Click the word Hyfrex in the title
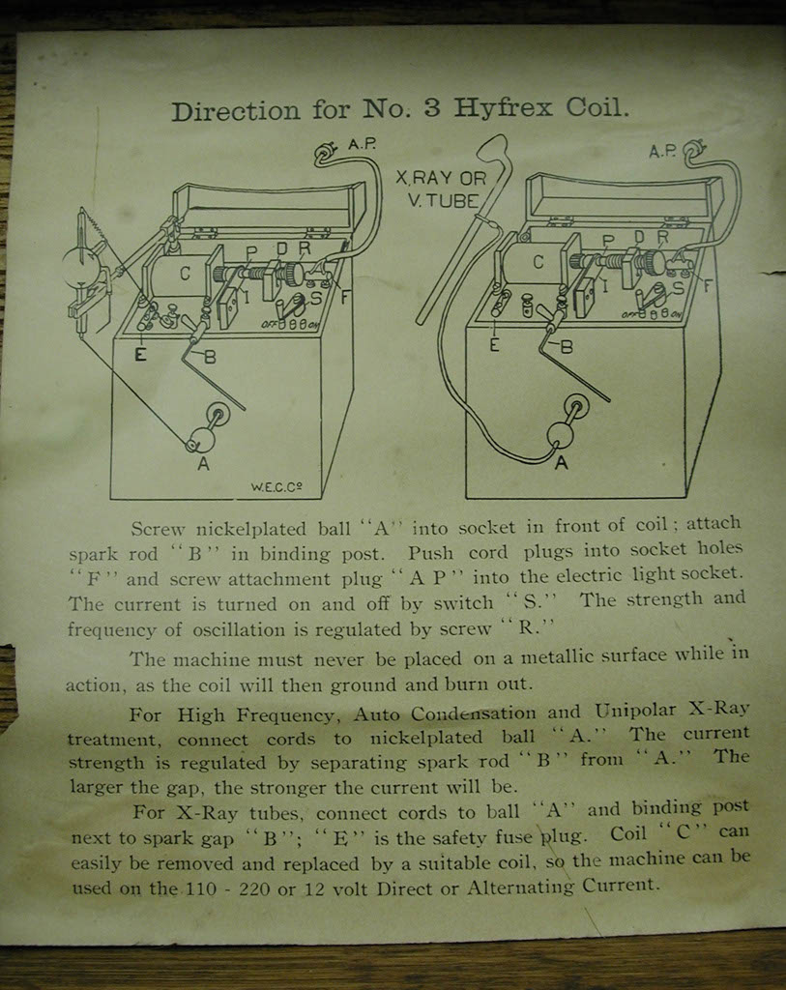pos(503,108)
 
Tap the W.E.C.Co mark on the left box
pos(277,487)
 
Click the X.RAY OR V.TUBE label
pos(442,189)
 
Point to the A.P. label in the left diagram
pos(362,144)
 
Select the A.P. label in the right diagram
pos(662,152)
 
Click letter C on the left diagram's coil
pos(185,274)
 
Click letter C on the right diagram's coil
pos(538,261)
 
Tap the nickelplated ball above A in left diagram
pos(203,438)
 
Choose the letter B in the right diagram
pos(567,347)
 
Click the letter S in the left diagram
pos(316,298)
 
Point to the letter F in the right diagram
pos(708,286)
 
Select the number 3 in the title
pos(432,108)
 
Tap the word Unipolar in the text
pos(636,712)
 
